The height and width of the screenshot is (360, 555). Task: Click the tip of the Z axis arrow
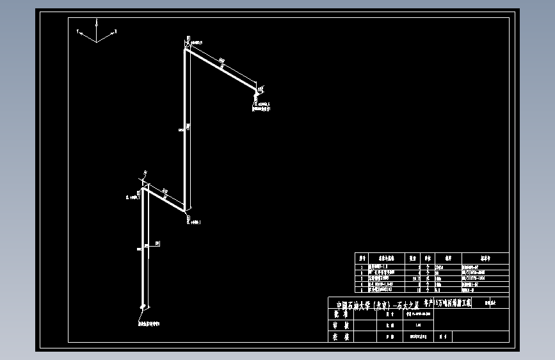(x=96, y=20)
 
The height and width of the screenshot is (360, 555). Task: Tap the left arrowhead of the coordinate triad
(x=79, y=31)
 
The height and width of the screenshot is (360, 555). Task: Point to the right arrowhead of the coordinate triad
(x=117, y=29)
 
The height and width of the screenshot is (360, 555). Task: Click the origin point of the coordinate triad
(x=97, y=42)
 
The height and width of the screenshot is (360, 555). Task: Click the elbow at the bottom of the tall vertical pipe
(x=186, y=209)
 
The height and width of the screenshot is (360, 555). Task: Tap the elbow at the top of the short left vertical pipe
(x=143, y=188)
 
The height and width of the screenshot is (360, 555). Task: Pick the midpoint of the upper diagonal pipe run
(x=221, y=69)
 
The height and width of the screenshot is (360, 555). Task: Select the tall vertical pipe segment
(x=186, y=128)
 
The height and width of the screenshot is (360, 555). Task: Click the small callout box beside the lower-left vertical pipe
(x=157, y=243)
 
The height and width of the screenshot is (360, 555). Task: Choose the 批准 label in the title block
(x=339, y=314)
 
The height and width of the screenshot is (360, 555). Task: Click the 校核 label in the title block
(x=339, y=336)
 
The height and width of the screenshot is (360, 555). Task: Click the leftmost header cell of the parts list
(x=362, y=258)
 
